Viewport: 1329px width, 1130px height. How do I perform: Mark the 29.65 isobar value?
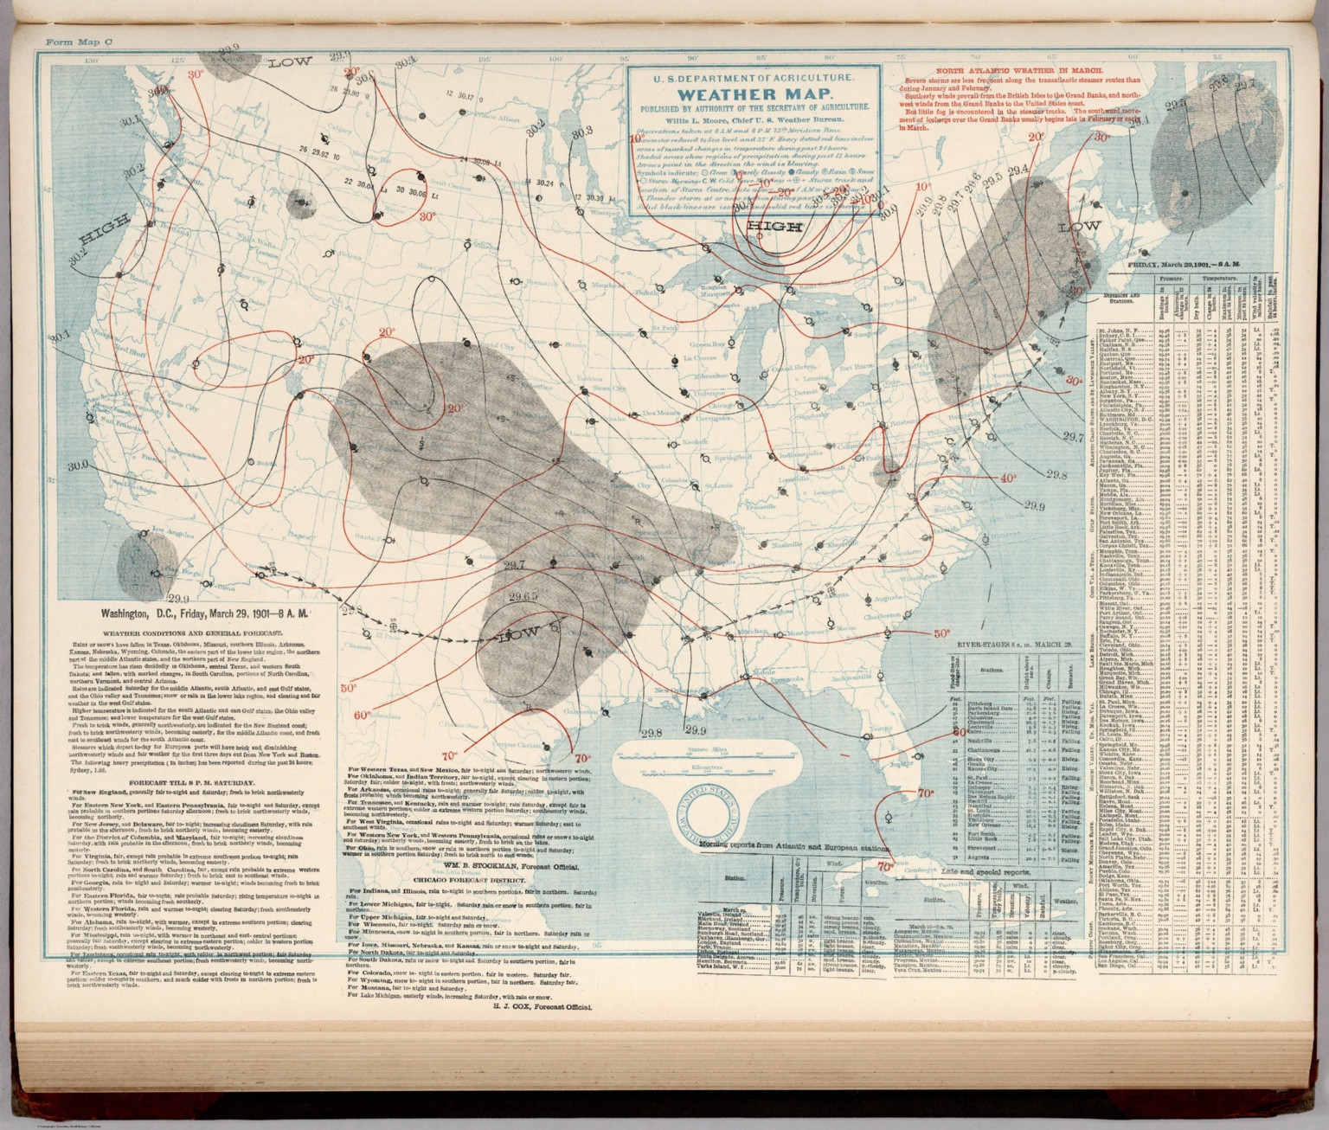pyautogui.click(x=523, y=597)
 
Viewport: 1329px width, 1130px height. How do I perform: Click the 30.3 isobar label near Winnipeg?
pyautogui.click(x=581, y=132)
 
